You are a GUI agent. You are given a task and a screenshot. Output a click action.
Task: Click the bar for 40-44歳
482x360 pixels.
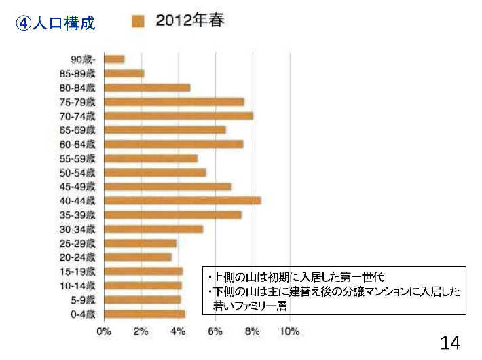coord(182,200)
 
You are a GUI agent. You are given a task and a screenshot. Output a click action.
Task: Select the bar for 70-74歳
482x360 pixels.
coord(178,115)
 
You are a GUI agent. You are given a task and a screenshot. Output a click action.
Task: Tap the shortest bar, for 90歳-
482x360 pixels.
coord(114,59)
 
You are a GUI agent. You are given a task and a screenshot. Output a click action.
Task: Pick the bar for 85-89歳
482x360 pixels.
coord(124,73)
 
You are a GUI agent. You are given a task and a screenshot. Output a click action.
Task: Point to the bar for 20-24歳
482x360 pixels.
coord(138,257)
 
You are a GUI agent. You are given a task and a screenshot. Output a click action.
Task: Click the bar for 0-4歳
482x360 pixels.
coord(144,313)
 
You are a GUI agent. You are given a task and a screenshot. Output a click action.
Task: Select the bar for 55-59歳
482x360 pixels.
coord(150,158)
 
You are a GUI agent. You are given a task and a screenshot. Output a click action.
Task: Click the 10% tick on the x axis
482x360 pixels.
coord(290,331)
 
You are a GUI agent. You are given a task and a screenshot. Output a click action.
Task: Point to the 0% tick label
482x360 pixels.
coord(104,331)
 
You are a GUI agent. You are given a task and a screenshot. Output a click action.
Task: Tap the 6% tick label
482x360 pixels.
coord(215,331)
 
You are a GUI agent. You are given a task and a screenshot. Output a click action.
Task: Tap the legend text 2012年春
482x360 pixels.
coord(190,21)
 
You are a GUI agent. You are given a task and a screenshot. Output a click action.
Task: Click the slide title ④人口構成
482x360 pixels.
coord(55,24)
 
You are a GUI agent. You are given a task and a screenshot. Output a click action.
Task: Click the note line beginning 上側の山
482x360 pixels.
coord(296,277)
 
